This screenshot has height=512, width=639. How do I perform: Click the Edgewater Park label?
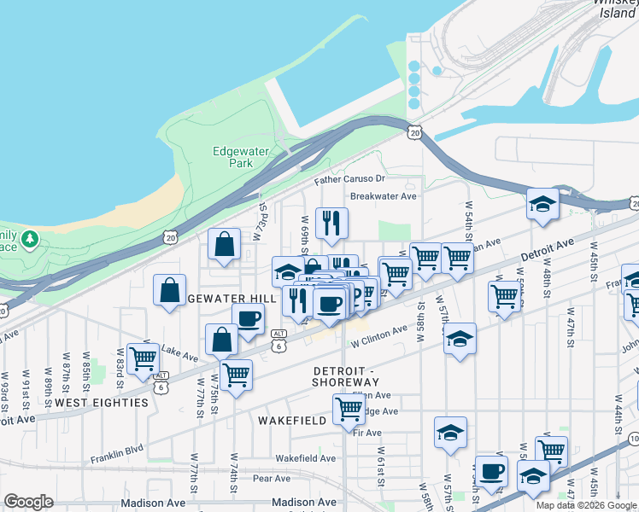241,157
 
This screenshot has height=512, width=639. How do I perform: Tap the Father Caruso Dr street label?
349,179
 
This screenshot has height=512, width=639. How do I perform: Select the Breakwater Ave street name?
383,195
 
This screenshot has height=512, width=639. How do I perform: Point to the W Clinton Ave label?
379,334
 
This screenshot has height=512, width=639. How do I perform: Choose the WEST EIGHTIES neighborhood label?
102,402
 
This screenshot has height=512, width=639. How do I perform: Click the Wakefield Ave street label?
306,458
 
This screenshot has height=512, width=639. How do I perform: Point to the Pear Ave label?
272,479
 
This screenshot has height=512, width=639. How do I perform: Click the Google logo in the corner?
28,502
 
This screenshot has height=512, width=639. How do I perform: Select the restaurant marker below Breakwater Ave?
330,224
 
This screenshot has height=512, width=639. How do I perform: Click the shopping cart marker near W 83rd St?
143,358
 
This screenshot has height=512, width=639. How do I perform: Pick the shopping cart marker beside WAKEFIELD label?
349,410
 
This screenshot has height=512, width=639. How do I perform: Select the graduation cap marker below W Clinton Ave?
460,339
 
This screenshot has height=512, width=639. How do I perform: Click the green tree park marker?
31,237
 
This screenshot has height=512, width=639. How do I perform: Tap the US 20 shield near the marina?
414,132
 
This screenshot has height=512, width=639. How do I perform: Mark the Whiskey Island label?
617,9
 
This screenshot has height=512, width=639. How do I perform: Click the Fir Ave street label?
366,433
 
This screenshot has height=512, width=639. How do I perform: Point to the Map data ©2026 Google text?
587,505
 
